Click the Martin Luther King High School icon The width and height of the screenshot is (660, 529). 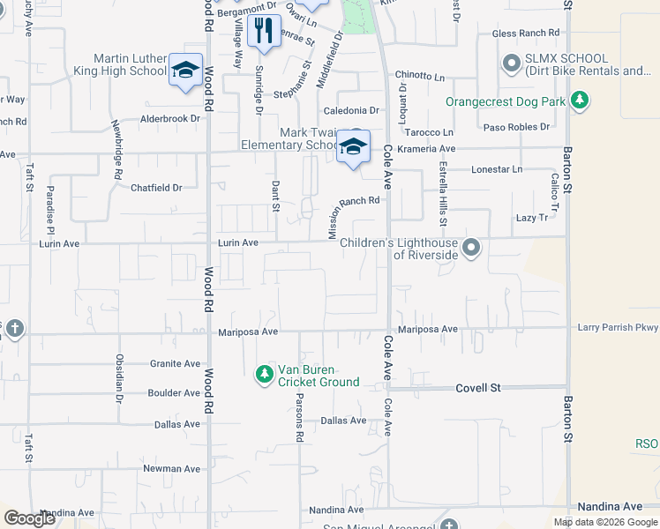[x=185, y=71]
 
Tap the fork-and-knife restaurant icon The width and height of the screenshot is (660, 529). [x=263, y=32]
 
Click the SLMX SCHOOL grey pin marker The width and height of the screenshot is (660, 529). [x=511, y=63]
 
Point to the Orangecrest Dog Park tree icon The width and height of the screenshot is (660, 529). [x=579, y=101]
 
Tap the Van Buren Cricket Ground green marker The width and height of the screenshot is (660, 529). [x=264, y=375]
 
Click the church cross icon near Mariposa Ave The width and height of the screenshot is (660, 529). [x=14, y=330]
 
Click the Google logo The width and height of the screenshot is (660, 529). [x=29, y=518]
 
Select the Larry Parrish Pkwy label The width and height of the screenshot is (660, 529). [x=618, y=328]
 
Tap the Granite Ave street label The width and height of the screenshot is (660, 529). [x=174, y=363]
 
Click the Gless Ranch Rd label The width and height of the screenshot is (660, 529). [x=526, y=34]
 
